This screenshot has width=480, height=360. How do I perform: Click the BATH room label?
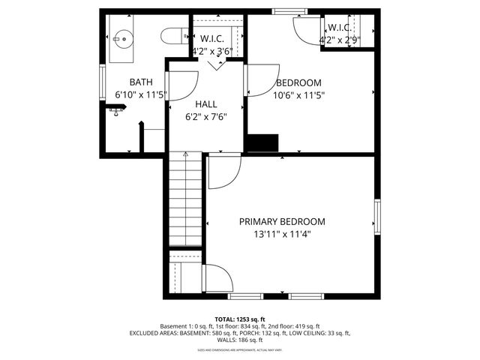coord(141,82)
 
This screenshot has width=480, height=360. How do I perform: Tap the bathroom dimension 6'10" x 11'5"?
coord(141,95)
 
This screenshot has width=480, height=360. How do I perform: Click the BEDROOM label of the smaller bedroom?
coord(298,82)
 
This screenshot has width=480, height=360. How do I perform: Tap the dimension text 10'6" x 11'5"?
coord(298,95)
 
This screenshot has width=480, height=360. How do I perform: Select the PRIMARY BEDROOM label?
coord(282,221)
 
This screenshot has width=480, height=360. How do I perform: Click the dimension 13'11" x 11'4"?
coord(282,234)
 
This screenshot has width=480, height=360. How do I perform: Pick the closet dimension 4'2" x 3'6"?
coord(213,52)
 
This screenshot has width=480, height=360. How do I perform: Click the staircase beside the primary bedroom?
coord(184,199)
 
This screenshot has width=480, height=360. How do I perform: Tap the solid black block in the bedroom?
coord(263,143)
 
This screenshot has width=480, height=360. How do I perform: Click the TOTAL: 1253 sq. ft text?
coord(240,319)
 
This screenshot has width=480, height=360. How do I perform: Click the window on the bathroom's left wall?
coord(102,79)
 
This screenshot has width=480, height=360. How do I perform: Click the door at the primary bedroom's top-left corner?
coord(223,173)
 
